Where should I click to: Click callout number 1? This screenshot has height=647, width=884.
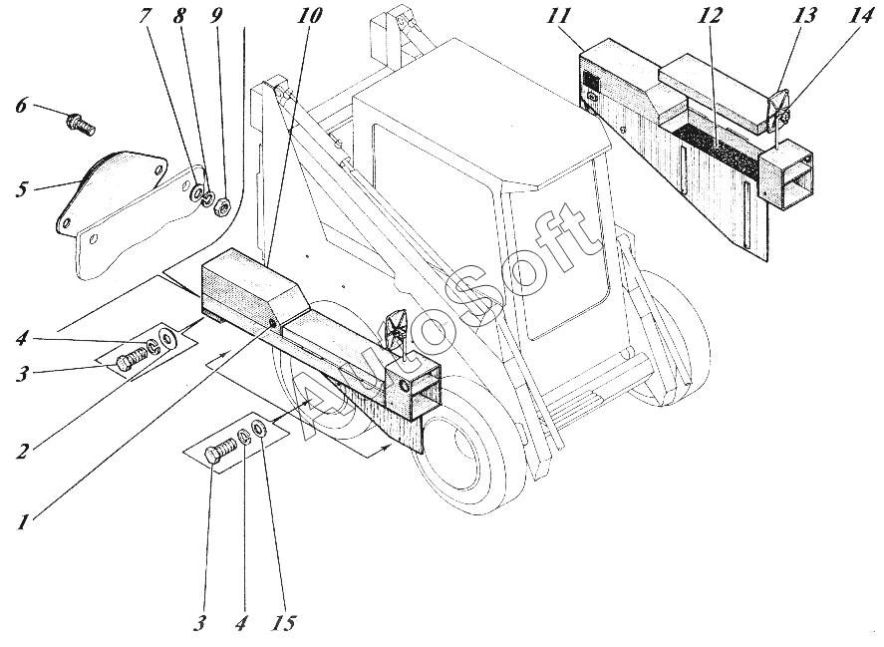coord(21,522)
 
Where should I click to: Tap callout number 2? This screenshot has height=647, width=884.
coord(22,452)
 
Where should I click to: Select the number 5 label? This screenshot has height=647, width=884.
coord(21,189)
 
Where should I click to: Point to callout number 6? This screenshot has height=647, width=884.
coord(21,105)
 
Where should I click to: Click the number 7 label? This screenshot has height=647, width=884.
coord(146,15)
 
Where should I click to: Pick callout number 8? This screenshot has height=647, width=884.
coord(179,15)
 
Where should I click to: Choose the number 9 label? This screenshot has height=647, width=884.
coord(214,15)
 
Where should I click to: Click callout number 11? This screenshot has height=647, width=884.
coord(557,15)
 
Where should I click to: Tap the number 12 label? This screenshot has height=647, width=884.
coord(710,15)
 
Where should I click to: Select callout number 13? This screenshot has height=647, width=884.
coord(804,15)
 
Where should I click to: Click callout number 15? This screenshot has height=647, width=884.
coord(284,623)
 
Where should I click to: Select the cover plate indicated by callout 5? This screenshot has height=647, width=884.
coord(113,189)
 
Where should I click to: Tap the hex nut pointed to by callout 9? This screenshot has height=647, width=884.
coord(221,208)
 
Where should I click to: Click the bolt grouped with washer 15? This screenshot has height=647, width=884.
coord(220,451)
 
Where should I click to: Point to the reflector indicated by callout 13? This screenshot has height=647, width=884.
coord(778,110)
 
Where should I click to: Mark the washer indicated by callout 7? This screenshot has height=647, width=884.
coord(198,192)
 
